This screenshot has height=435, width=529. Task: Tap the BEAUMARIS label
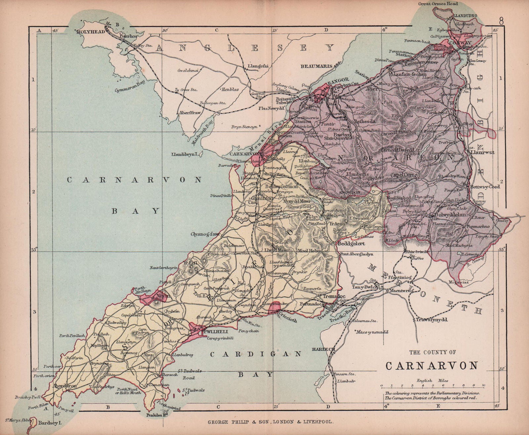click(316, 66)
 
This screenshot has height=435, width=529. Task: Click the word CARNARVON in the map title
click(432, 365)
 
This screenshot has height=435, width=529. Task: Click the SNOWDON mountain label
click(350, 192)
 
